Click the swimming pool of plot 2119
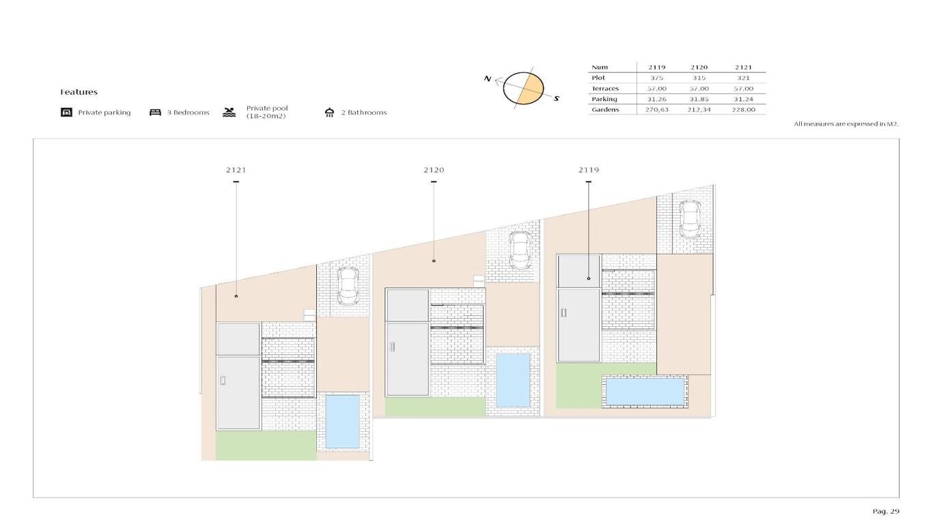coord(645,391)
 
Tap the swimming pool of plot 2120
coord(513,380)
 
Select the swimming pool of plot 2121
coord(342,422)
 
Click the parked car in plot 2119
coord(690,220)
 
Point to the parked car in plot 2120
coord(520,250)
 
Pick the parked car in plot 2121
coord(348,286)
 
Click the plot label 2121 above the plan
coord(236,170)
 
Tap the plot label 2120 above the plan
coord(434,170)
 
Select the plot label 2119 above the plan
coord(589,170)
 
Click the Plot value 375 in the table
coord(657,78)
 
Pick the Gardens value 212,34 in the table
coord(699,110)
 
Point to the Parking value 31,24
coord(744,99)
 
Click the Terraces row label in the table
coord(605,89)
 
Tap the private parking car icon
coord(67,113)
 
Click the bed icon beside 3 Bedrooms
coord(155,113)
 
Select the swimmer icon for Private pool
coord(229,113)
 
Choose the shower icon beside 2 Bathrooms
coord(329,113)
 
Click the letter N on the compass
coord(488,78)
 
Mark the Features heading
coord(79,92)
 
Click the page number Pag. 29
coord(886,512)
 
